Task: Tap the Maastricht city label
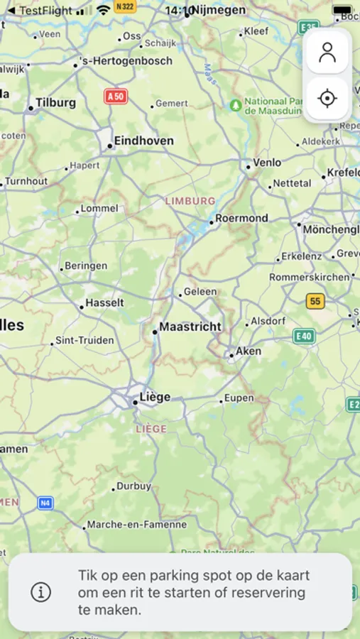click(190, 327)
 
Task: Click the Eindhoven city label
click(143, 141)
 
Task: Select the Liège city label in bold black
click(155, 397)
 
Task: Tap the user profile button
click(327, 53)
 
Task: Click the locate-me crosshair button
click(327, 98)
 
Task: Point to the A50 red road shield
click(116, 97)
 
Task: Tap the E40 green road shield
click(304, 336)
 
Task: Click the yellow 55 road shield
click(315, 301)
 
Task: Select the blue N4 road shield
click(45, 503)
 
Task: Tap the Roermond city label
click(241, 218)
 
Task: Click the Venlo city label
click(267, 163)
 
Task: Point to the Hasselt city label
click(104, 303)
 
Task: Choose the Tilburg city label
click(55, 103)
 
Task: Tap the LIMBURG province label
click(190, 201)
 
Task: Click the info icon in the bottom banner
click(41, 591)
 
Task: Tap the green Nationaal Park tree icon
click(236, 105)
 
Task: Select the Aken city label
click(249, 351)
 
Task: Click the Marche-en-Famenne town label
click(136, 525)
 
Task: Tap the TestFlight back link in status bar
click(40, 11)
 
